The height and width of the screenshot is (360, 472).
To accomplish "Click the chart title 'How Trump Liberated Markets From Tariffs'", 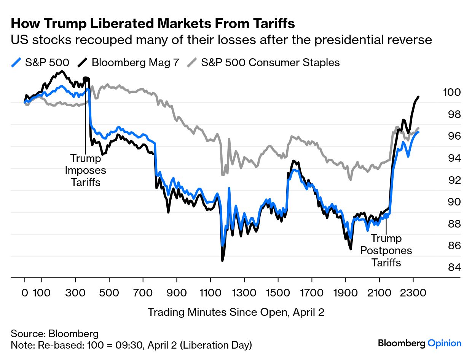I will (x=153, y=24).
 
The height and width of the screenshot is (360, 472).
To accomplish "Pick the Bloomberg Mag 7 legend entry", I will (x=129, y=62).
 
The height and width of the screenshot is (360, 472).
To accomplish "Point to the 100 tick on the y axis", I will (x=452, y=92).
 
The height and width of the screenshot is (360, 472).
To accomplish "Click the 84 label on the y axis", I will (x=452, y=268).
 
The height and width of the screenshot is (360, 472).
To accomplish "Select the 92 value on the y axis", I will (x=452, y=180).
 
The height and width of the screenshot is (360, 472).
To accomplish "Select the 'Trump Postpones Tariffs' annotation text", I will (x=386, y=250).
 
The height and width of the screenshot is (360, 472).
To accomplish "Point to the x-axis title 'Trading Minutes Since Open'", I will (x=236, y=312).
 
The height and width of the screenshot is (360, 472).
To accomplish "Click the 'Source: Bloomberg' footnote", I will (x=54, y=334).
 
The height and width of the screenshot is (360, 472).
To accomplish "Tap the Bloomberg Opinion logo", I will (x=419, y=343).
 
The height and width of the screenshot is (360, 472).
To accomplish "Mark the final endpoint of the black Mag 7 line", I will (x=419, y=97).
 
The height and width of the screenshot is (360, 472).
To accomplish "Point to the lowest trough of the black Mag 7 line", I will (x=222, y=261).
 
